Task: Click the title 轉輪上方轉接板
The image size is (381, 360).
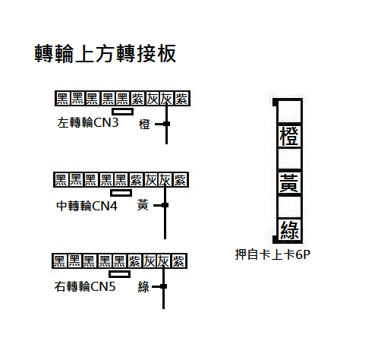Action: [x=105, y=53]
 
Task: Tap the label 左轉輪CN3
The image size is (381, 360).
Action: [x=88, y=123]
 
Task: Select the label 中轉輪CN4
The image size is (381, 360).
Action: [x=87, y=206]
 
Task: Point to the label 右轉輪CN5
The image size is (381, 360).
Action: [x=85, y=287]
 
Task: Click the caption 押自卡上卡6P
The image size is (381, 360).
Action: [x=272, y=254]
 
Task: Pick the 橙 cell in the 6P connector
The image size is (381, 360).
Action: [x=289, y=136]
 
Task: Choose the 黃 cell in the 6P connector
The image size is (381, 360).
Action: [x=289, y=183]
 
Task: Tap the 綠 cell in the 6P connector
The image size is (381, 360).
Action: [x=289, y=230]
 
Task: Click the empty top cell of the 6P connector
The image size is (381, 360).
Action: [x=289, y=112]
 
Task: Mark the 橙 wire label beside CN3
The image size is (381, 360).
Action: [x=144, y=125]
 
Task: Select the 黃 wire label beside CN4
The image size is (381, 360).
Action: [x=143, y=205]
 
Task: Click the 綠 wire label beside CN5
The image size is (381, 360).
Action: [x=143, y=287]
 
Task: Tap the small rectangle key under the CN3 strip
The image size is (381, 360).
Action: [x=123, y=112]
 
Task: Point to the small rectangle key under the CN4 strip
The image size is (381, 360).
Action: [x=121, y=193]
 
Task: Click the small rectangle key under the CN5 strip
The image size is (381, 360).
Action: [x=120, y=274]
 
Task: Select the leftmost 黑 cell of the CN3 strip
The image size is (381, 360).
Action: [x=62, y=99]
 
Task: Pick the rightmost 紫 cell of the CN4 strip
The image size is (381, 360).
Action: [x=180, y=180]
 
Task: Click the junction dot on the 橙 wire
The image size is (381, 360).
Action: [x=166, y=124]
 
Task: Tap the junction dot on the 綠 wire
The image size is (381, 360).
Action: [x=164, y=286]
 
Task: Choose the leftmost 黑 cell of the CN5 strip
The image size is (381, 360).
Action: [x=59, y=261]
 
